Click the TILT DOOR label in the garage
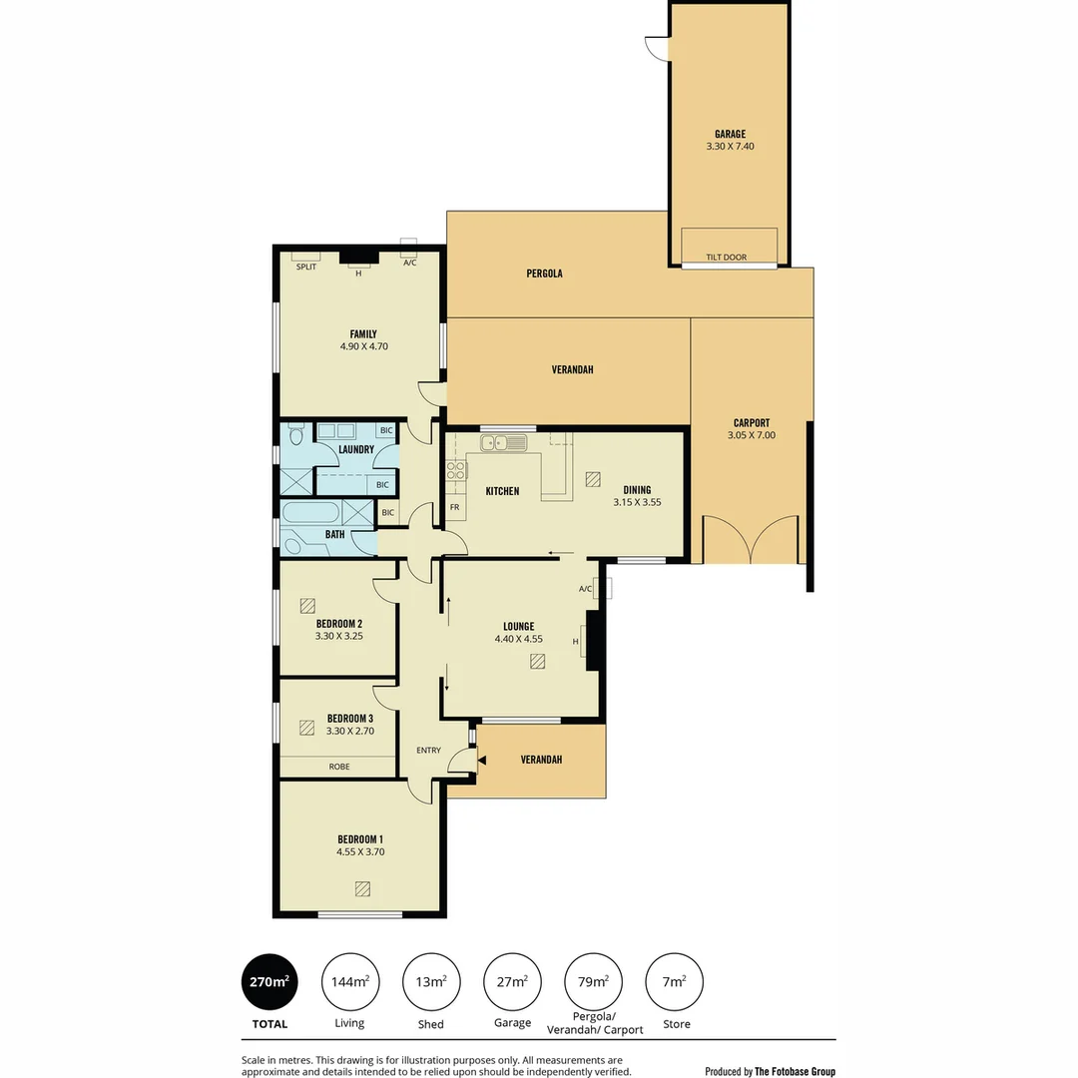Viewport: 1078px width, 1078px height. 726,258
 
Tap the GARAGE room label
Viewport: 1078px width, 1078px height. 730,134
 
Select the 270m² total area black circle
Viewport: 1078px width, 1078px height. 269,982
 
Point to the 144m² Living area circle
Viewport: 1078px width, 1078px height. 350,982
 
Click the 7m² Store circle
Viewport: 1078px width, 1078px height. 675,982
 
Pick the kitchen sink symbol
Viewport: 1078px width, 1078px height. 503,442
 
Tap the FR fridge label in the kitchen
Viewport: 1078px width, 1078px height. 454,508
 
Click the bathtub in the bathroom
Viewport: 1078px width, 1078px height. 310,513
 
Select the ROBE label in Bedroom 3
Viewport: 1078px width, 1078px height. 339,767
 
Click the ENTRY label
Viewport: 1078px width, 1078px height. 428,751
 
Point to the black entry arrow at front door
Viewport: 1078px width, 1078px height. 483,762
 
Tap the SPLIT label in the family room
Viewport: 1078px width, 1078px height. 305,267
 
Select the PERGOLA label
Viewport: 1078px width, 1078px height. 544,272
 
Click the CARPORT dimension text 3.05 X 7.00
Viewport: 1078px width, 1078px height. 751,435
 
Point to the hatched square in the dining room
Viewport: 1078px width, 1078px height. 594,479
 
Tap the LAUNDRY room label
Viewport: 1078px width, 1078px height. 356,449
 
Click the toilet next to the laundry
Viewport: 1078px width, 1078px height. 294,436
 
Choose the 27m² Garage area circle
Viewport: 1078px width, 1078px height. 512,982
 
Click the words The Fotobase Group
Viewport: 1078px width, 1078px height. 795,1071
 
